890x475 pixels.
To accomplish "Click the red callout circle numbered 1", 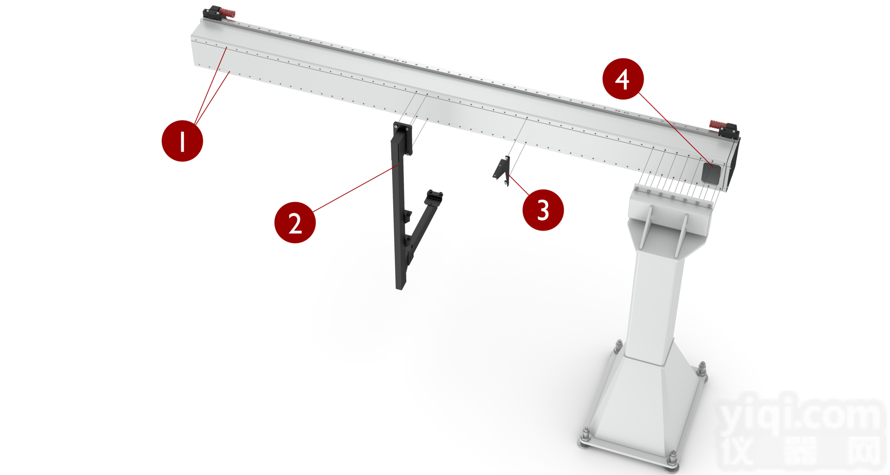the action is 182,141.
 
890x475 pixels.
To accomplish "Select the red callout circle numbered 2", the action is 295,222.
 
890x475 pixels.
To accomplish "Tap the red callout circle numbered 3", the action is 543,210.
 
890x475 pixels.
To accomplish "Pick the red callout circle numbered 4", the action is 623,79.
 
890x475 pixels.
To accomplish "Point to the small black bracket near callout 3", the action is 502,171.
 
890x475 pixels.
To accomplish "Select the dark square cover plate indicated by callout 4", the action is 711,173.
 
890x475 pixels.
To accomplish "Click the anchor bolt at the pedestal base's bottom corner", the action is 672,459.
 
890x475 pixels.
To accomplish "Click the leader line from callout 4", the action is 675,128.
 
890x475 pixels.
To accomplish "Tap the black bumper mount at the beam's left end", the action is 213,13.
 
